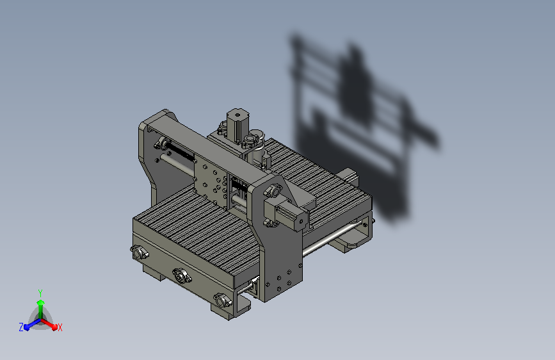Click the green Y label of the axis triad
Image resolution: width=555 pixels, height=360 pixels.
[40, 293]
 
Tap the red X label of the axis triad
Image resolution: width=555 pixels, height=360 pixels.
[60, 327]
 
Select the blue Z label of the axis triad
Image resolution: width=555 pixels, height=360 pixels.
[21, 327]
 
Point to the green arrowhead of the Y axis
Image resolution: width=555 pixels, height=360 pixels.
[40, 302]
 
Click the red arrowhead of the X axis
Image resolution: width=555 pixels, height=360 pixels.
[54, 327]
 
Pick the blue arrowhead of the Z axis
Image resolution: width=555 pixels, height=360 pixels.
[27, 327]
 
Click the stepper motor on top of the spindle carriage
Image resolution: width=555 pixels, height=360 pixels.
[237, 125]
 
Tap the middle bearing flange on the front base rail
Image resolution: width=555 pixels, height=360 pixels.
[182, 275]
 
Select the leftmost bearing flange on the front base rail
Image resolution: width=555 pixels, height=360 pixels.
[139, 252]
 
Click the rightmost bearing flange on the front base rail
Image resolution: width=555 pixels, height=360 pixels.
[222, 300]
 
